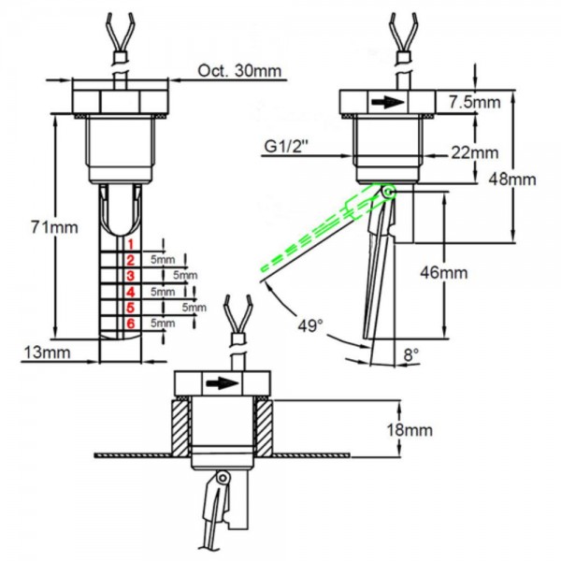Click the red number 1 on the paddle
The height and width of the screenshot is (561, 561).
131,243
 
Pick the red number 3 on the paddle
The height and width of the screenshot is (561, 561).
131,276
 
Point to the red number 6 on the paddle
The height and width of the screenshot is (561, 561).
131,323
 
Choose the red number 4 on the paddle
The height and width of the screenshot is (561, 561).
131,292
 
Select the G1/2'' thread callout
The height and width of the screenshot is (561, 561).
287,146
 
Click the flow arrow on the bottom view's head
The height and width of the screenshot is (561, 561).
220,382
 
